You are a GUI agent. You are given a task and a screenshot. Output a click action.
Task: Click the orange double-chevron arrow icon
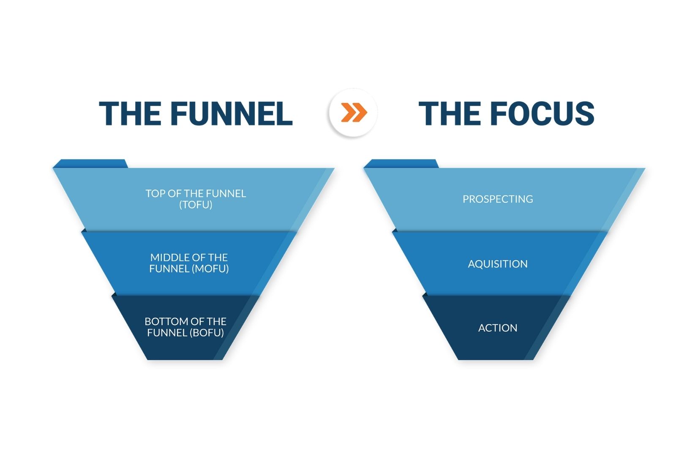coord(354,113)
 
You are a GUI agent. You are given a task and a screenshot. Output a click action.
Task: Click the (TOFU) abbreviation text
coord(196,205)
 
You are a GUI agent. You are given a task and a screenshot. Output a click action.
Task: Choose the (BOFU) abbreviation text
coord(207,333)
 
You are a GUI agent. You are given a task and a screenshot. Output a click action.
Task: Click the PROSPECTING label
coord(498,199)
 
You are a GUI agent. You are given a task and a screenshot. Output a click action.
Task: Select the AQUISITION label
coord(498,264)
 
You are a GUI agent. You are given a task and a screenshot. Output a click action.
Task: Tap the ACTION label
coord(498,328)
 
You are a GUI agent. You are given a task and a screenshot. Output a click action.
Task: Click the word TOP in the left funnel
coord(155,194)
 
